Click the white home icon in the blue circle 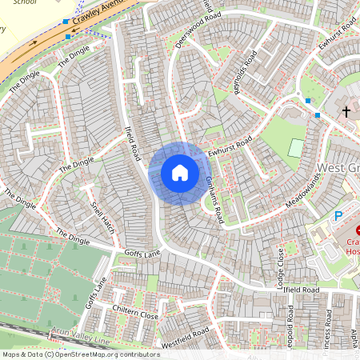[x=180, y=173]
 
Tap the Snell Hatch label [x=103, y=217]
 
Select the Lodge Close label [x=280, y=267]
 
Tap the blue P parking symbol [x=338, y=215]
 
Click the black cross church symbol [x=346, y=111]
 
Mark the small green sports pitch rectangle [x=296, y=148]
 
